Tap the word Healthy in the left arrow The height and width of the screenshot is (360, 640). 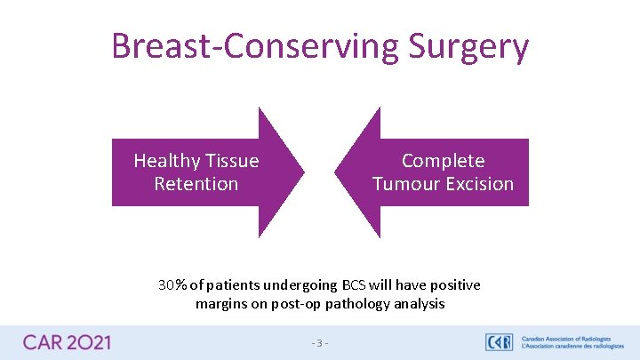click(x=166, y=161)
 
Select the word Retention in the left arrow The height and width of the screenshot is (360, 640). click(x=196, y=184)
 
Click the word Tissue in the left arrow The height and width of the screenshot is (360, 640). click(x=232, y=161)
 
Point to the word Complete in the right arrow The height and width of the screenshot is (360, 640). click(x=443, y=161)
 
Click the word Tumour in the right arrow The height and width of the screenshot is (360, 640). click(x=402, y=184)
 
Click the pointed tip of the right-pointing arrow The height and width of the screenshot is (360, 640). click(x=303, y=172)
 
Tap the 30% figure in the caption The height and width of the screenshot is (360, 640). click(x=172, y=285)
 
